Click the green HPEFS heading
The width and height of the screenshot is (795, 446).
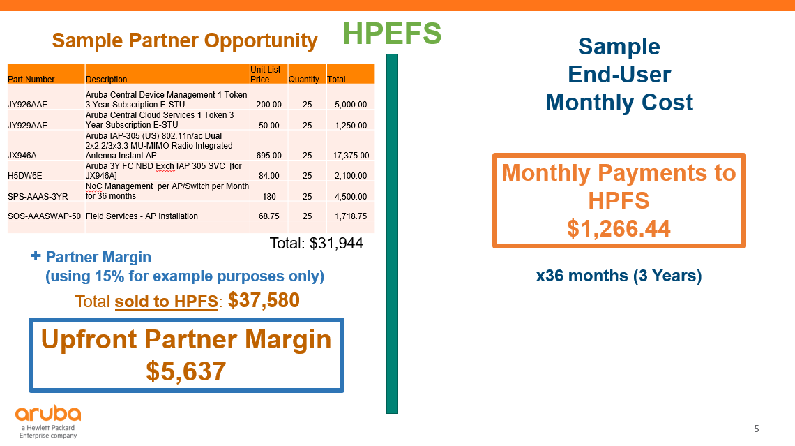click(x=392, y=34)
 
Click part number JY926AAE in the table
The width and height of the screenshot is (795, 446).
click(x=27, y=105)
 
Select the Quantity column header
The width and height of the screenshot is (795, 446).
click(x=303, y=79)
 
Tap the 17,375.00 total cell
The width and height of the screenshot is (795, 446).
click(x=351, y=155)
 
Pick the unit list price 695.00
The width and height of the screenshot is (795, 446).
click(x=268, y=155)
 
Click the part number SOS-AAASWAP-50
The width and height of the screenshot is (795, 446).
click(x=44, y=216)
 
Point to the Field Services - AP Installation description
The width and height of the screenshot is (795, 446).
click(x=142, y=216)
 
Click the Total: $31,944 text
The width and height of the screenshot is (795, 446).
click(x=317, y=243)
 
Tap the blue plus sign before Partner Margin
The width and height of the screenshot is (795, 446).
click(x=36, y=255)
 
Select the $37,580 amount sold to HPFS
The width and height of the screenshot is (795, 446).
click(x=264, y=300)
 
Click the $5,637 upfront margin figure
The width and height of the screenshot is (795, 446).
click(x=186, y=371)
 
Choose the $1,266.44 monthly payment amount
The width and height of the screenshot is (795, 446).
click(x=619, y=228)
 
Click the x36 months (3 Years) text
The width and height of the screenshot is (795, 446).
click(x=619, y=276)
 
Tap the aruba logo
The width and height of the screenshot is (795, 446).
click(x=48, y=421)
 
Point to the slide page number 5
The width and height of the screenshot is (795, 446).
click(x=757, y=429)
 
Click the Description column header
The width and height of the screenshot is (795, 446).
click(x=107, y=79)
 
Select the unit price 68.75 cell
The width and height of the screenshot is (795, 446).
click(x=268, y=216)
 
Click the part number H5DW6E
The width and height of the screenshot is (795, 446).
click(x=25, y=176)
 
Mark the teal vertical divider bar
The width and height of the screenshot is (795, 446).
click(x=392, y=234)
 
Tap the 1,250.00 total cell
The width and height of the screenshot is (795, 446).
click(x=351, y=126)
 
